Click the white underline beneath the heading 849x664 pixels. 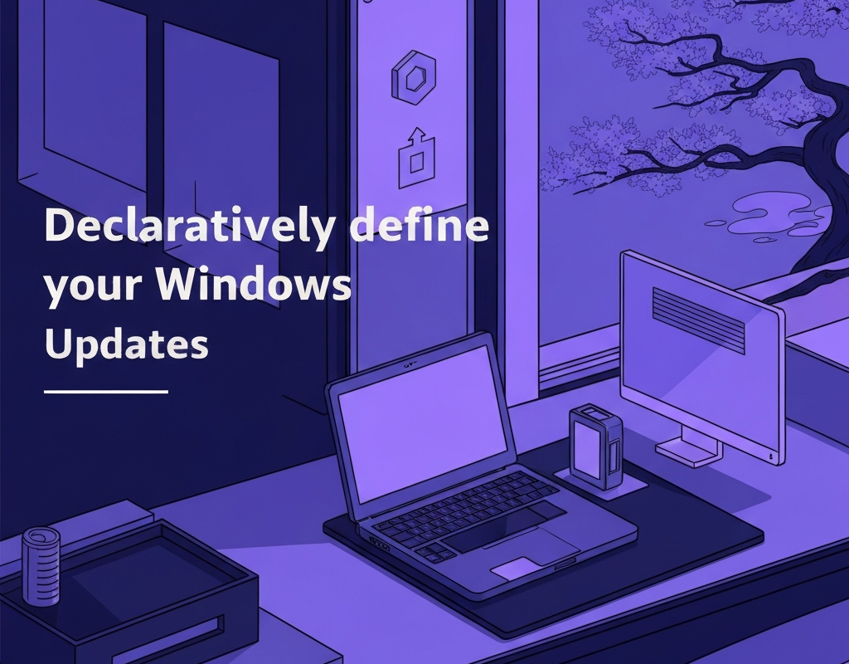(x=105, y=391)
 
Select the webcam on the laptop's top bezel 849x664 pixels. (x=408, y=364)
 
